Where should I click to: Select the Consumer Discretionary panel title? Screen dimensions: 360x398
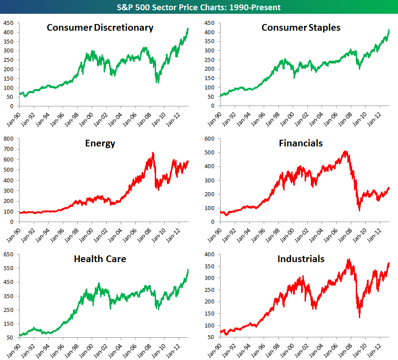tap(100, 28)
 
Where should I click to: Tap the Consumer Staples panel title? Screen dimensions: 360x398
tap(301, 28)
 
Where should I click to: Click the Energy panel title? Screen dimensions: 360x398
tap(100, 143)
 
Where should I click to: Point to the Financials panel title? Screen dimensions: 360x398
tap(301, 143)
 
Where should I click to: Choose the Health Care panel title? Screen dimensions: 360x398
tap(100, 259)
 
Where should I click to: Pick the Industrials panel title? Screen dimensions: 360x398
tap(301, 259)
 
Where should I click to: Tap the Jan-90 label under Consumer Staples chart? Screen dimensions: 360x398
tap(214, 117)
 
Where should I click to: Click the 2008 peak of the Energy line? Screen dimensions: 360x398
tap(153, 153)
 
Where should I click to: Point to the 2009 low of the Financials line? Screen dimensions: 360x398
tap(359, 210)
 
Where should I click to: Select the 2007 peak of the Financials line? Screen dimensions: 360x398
tap(346, 151)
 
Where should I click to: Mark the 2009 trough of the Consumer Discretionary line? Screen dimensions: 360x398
tap(157, 83)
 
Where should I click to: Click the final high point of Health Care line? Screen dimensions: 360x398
tap(188, 269)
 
